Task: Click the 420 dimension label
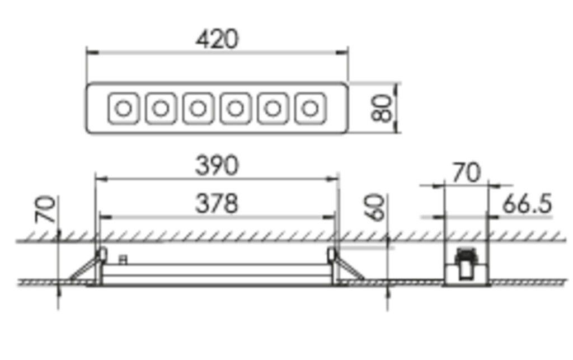(217, 39)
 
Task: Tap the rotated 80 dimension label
(382, 108)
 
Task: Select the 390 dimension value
(217, 166)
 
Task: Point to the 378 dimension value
(217, 204)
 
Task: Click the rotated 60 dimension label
(376, 208)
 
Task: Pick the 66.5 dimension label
(527, 204)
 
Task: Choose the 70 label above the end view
(466, 173)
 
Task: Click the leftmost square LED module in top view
(124, 108)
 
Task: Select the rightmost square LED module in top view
(309, 108)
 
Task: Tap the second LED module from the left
(161, 108)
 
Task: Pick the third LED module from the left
(198, 108)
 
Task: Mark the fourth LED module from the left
(235, 108)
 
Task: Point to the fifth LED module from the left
(273, 108)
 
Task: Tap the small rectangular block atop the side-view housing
(124, 259)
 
